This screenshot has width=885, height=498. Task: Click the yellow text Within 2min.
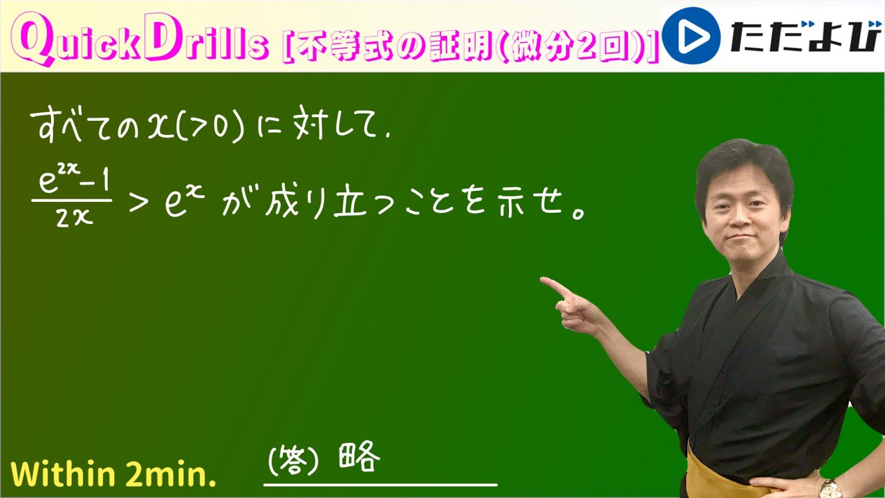[114, 474]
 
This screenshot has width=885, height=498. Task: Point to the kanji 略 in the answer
[360, 458]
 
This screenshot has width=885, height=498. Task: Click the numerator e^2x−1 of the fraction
[71, 183]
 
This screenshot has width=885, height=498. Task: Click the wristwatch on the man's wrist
[830, 488]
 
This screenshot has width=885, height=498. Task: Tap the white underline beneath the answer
[380, 484]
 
